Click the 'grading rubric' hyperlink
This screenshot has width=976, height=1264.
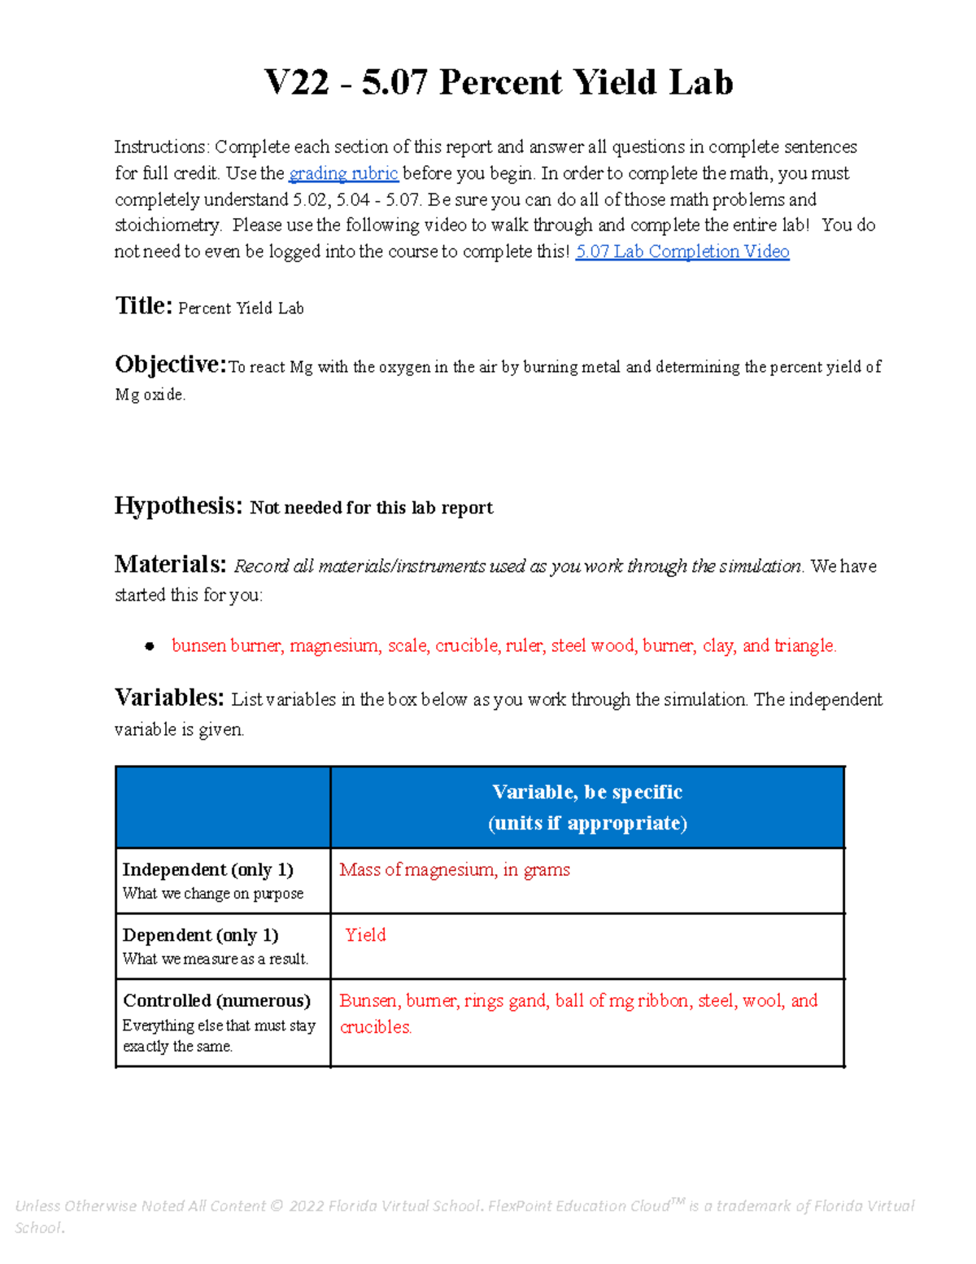(x=343, y=173)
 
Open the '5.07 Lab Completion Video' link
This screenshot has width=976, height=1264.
(x=682, y=251)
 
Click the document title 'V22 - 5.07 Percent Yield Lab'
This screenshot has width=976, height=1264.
(x=499, y=83)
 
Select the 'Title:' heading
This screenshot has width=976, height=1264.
(x=143, y=306)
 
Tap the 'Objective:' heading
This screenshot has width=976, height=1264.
(x=170, y=365)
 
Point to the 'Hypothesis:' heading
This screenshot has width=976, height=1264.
(x=178, y=506)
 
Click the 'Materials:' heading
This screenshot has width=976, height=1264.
(x=170, y=565)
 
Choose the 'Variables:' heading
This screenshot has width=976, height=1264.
(x=168, y=698)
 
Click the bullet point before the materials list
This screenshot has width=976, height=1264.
(x=149, y=646)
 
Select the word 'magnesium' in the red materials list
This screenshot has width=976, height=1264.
(x=334, y=646)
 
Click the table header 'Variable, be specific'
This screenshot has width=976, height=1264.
(x=587, y=792)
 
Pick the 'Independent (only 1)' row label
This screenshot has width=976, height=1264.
(x=207, y=870)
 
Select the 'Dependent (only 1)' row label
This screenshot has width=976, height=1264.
(x=200, y=935)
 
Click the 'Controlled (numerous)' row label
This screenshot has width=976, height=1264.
(x=216, y=1000)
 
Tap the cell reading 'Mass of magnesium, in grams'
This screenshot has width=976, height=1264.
(x=454, y=870)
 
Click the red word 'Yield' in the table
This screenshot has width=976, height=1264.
(x=365, y=935)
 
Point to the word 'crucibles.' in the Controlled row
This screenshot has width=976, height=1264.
(x=376, y=1027)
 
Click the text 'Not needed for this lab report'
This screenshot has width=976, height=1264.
(x=371, y=508)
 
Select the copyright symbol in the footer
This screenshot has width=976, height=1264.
(x=277, y=1206)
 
